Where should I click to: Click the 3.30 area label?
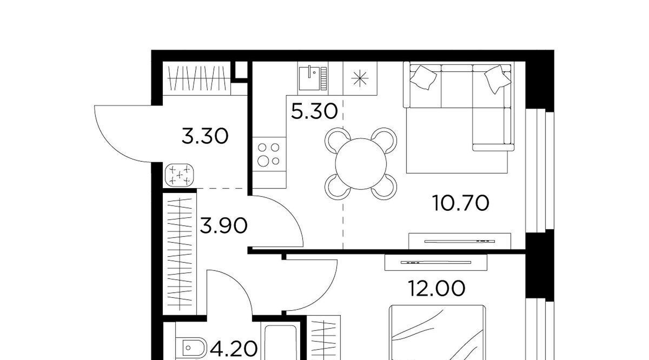[x=205, y=137]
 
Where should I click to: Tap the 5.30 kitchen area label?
[x=314, y=112]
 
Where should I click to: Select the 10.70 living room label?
[x=460, y=203]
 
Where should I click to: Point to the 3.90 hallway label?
[x=224, y=226]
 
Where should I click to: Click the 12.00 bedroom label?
[x=436, y=289]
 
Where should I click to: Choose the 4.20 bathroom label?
[x=234, y=349]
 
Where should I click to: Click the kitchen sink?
[x=313, y=78]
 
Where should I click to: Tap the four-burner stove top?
[x=269, y=154]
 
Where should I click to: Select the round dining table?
[x=361, y=164]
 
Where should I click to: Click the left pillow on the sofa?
[x=423, y=77]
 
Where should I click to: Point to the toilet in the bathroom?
[x=191, y=348]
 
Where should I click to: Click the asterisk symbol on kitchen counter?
[x=360, y=78]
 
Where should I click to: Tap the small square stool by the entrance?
[x=180, y=175]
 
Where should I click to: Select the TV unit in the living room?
[x=460, y=241]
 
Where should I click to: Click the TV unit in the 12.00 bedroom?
[x=436, y=262]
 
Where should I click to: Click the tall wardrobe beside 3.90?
[x=180, y=254]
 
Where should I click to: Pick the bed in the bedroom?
[x=437, y=332]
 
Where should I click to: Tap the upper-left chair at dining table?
[x=336, y=138]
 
